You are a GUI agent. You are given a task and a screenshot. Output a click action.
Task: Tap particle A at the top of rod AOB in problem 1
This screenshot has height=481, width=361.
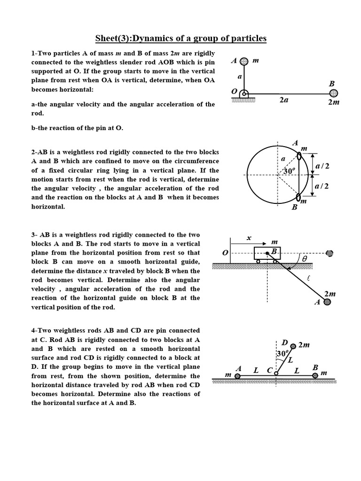pyautogui.click(x=243, y=62)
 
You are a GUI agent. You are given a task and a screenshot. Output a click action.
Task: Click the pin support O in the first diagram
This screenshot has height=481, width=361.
pyautogui.click(x=243, y=93)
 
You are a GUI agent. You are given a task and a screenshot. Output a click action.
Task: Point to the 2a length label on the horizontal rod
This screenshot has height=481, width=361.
pyautogui.click(x=283, y=100)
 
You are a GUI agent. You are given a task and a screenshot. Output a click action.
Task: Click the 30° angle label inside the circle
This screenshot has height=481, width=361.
pyautogui.click(x=289, y=171)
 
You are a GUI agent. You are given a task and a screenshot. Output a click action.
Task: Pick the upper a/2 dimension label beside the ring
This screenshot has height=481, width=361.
pyautogui.click(x=322, y=166)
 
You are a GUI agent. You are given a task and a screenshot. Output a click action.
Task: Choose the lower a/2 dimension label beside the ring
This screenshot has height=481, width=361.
pyautogui.click(x=322, y=186)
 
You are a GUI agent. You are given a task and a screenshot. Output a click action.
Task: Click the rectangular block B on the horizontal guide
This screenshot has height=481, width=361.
pyautogui.click(x=267, y=253)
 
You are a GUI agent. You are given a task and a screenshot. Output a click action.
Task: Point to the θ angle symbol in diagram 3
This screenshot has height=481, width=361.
pyautogui.click(x=304, y=258)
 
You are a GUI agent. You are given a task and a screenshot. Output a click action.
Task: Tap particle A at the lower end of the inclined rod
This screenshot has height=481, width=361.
pyautogui.click(x=328, y=302)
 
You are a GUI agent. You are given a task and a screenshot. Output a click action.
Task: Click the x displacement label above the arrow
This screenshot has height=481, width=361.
pyautogui.click(x=249, y=238)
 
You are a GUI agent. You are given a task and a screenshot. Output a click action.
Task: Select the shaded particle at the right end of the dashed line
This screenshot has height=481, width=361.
pyautogui.click(x=330, y=253)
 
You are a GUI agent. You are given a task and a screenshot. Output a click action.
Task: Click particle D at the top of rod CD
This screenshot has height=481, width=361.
pyautogui.click(x=293, y=346)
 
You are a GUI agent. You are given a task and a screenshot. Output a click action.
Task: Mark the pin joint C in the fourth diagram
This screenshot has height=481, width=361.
pyautogui.click(x=275, y=375)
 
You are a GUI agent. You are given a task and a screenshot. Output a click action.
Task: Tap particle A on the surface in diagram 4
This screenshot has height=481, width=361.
pyautogui.click(x=237, y=375)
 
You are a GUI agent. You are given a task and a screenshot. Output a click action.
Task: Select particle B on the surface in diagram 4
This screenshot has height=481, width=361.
pyautogui.click(x=315, y=375)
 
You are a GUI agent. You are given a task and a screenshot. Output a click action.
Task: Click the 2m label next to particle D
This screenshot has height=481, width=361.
pyautogui.click(x=304, y=345)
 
